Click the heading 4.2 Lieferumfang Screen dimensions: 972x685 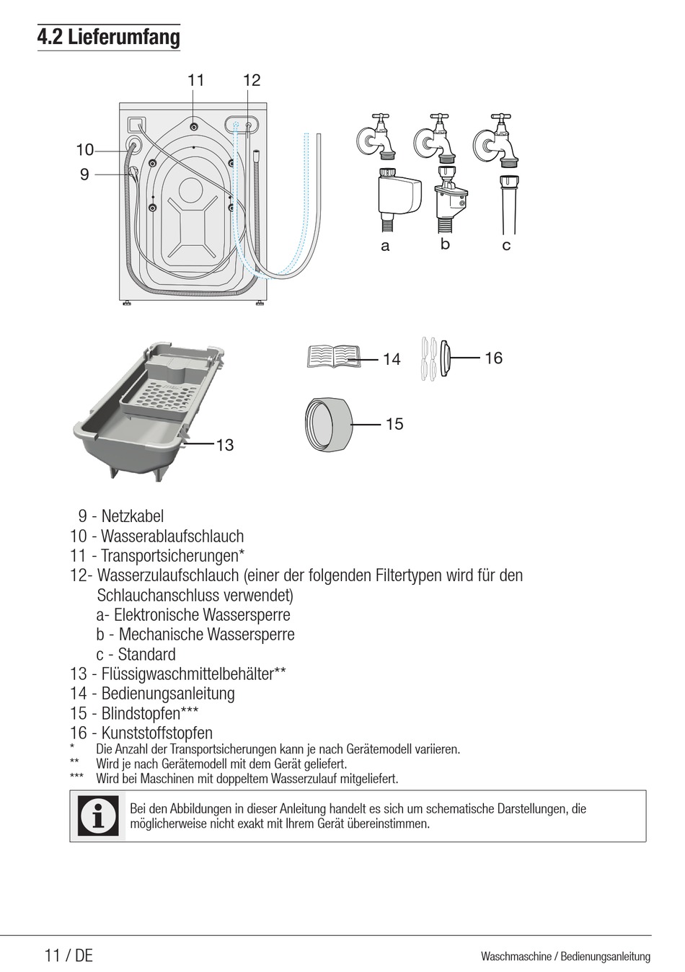point(108,37)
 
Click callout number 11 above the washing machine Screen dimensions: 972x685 point(196,80)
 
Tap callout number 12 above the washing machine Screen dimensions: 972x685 point(252,80)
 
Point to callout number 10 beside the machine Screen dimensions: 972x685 point(85,150)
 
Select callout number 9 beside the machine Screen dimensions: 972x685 point(84,174)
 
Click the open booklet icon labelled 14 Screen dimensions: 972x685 point(333,356)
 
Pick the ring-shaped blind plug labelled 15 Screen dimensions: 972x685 point(329,424)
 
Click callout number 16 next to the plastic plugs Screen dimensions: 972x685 point(493,358)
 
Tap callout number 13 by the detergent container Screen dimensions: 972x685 point(225,445)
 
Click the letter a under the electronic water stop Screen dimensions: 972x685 point(385,246)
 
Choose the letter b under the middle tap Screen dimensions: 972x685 point(445,244)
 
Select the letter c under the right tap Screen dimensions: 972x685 point(506,245)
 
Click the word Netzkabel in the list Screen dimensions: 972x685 point(132,516)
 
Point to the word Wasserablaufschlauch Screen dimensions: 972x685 point(172,536)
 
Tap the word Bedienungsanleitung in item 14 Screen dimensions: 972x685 point(168,694)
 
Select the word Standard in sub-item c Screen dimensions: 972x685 point(146,655)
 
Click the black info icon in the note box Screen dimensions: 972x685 point(98,816)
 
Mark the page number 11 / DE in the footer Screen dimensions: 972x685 point(68,955)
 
